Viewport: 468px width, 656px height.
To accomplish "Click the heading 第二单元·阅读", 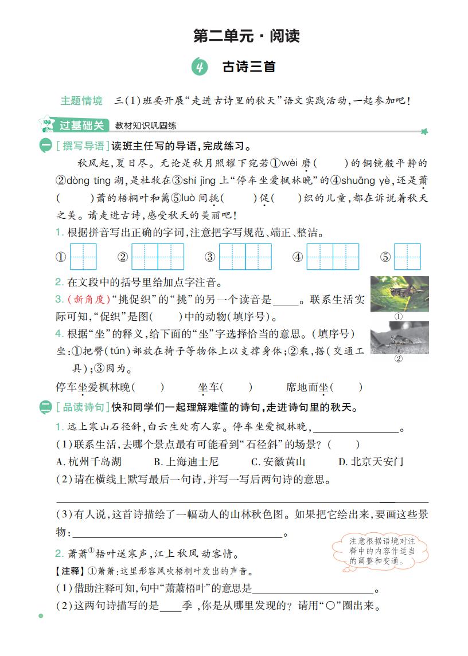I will point(247,37).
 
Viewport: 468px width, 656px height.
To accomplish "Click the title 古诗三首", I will point(249,67).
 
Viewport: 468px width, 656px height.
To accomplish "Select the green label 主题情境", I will point(81,101).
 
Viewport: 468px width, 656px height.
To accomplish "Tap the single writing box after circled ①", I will point(83,257).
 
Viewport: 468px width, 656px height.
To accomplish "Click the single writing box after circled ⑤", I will point(408,257).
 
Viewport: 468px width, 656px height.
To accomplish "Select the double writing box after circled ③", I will point(245,257).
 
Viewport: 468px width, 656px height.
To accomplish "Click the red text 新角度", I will point(87,299).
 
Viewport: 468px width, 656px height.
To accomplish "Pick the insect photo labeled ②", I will point(399,337).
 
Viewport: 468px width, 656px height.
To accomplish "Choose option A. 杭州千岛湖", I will point(88,462).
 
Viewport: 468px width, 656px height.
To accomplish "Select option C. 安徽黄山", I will point(278,462).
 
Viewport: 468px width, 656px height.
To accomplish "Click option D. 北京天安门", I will point(370,462).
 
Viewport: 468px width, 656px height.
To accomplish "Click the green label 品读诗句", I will point(82,408).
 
